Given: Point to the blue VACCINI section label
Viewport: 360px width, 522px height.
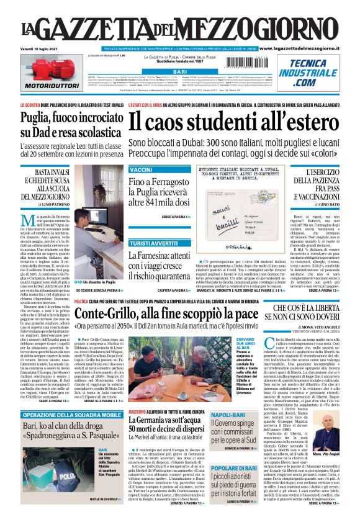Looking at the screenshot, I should point(141,170).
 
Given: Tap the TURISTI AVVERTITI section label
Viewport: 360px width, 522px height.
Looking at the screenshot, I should point(152,243).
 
